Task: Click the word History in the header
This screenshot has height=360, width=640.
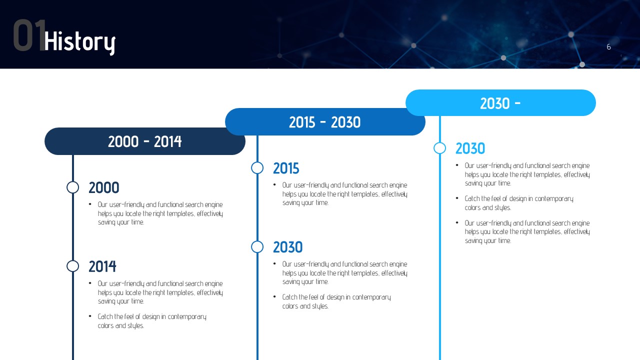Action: point(79,42)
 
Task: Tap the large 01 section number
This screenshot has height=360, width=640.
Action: point(29,35)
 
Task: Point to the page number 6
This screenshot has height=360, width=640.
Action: point(608,47)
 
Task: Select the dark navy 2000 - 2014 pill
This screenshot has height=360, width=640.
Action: point(145,141)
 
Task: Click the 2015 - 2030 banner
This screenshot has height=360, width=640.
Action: point(325,121)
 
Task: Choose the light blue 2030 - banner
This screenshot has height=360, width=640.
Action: point(500,103)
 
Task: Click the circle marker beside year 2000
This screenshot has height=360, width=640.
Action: point(72,181)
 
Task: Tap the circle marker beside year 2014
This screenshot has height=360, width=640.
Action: point(72,260)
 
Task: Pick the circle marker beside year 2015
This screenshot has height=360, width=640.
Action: point(257,162)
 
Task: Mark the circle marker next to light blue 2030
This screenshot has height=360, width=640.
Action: point(439,142)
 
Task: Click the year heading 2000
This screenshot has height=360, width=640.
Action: point(103,187)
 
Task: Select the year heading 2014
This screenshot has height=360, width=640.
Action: point(102,266)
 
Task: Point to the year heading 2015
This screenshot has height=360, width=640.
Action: point(286,168)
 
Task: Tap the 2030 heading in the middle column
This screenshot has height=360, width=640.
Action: point(287,247)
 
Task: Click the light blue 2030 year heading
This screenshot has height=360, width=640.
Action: point(470,148)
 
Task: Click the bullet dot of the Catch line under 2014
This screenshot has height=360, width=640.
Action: point(90,316)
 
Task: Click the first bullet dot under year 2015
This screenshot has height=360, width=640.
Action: point(274,184)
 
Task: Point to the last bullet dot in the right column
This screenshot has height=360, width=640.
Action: point(457,222)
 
